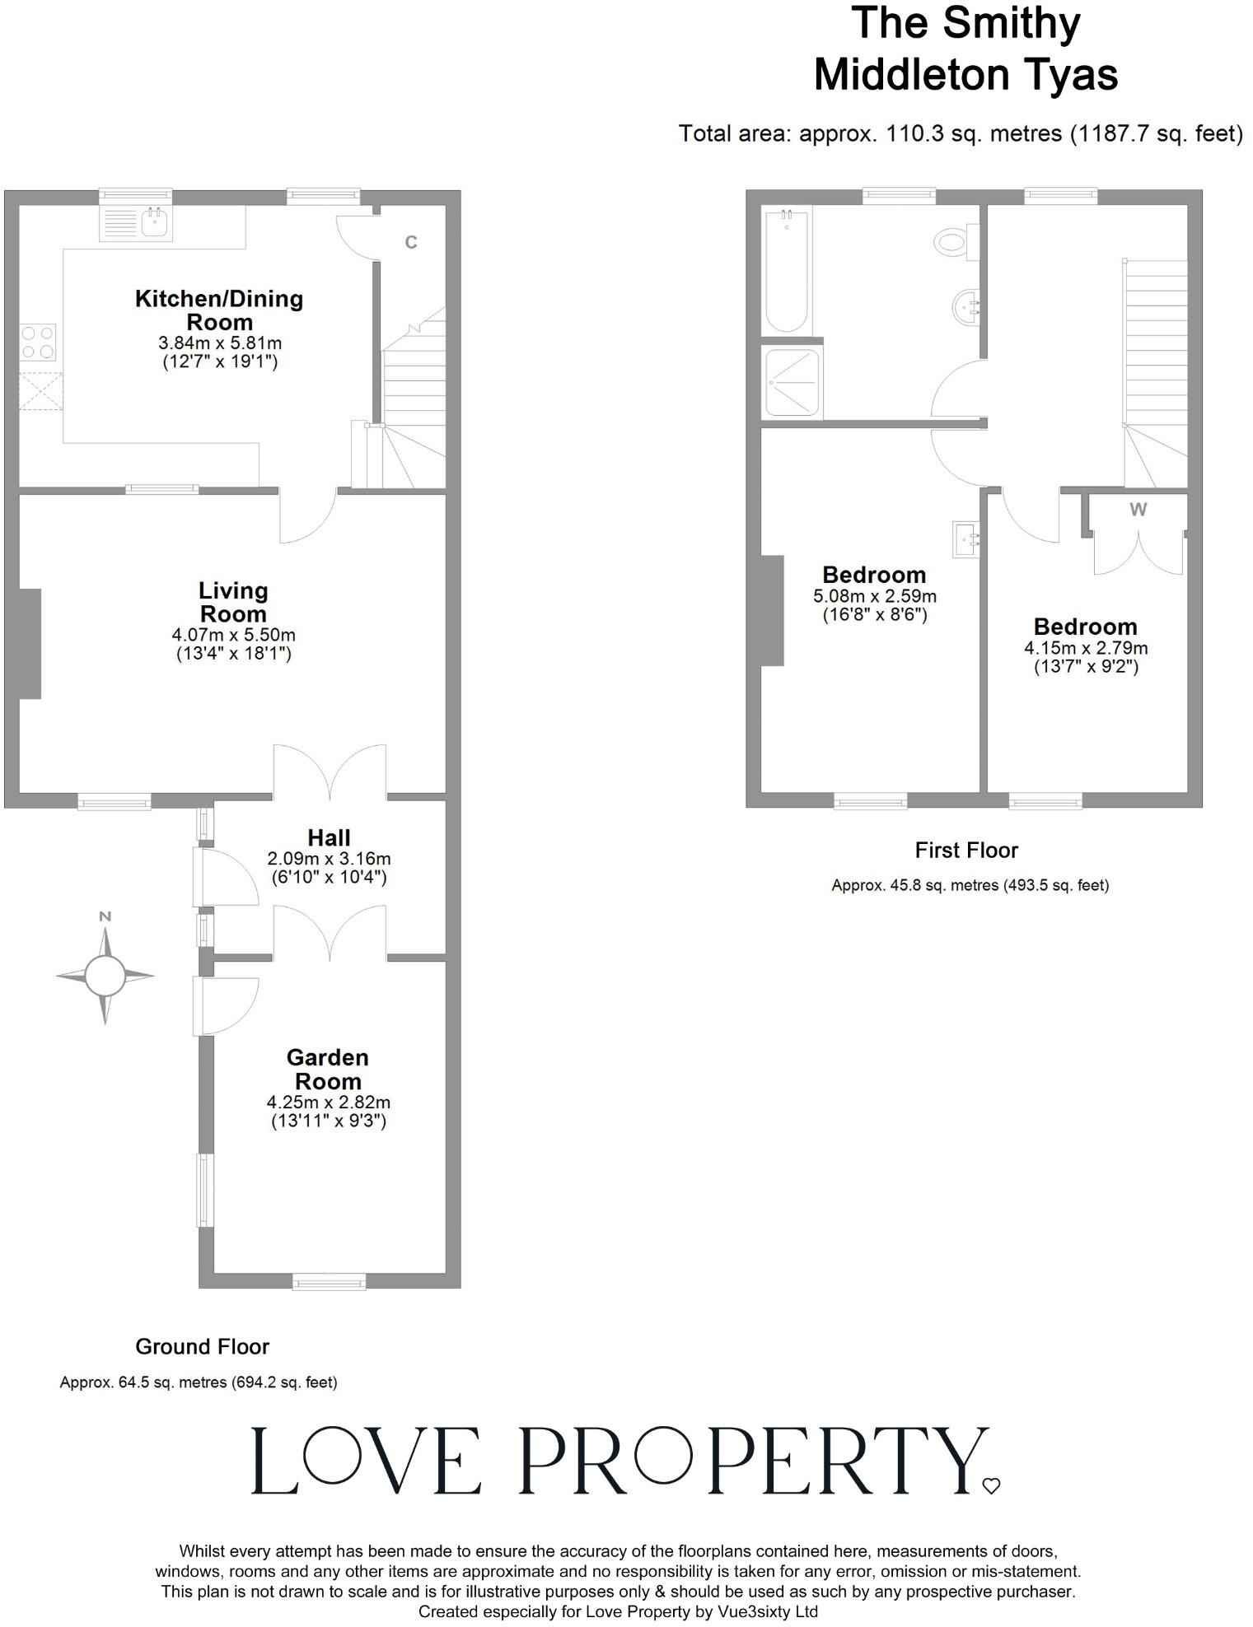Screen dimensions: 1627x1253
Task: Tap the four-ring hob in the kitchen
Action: [x=39, y=343]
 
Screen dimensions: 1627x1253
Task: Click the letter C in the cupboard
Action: [x=411, y=242]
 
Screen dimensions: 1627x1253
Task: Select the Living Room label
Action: [x=233, y=602]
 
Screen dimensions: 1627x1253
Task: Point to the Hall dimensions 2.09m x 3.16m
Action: [x=329, y=859]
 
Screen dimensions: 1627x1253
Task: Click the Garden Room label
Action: [x=328, y=1069]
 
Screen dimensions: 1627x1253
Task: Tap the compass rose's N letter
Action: [x=105, y=916]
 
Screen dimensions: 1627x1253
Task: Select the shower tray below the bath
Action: [x=792, y=382]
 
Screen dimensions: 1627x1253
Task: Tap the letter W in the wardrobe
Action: [x=1138, y=510]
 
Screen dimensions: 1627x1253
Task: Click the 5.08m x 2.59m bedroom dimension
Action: [x=875, y=596]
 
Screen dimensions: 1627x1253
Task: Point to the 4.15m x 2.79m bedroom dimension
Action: [x=1086, y=648]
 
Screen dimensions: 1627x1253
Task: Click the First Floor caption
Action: [x=966, y=850]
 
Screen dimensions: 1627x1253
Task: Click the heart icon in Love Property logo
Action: [x=991, y=1486]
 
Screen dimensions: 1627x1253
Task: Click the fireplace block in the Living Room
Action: [x=29, y=643]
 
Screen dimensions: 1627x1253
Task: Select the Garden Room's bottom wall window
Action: [x=330, y=1281]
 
